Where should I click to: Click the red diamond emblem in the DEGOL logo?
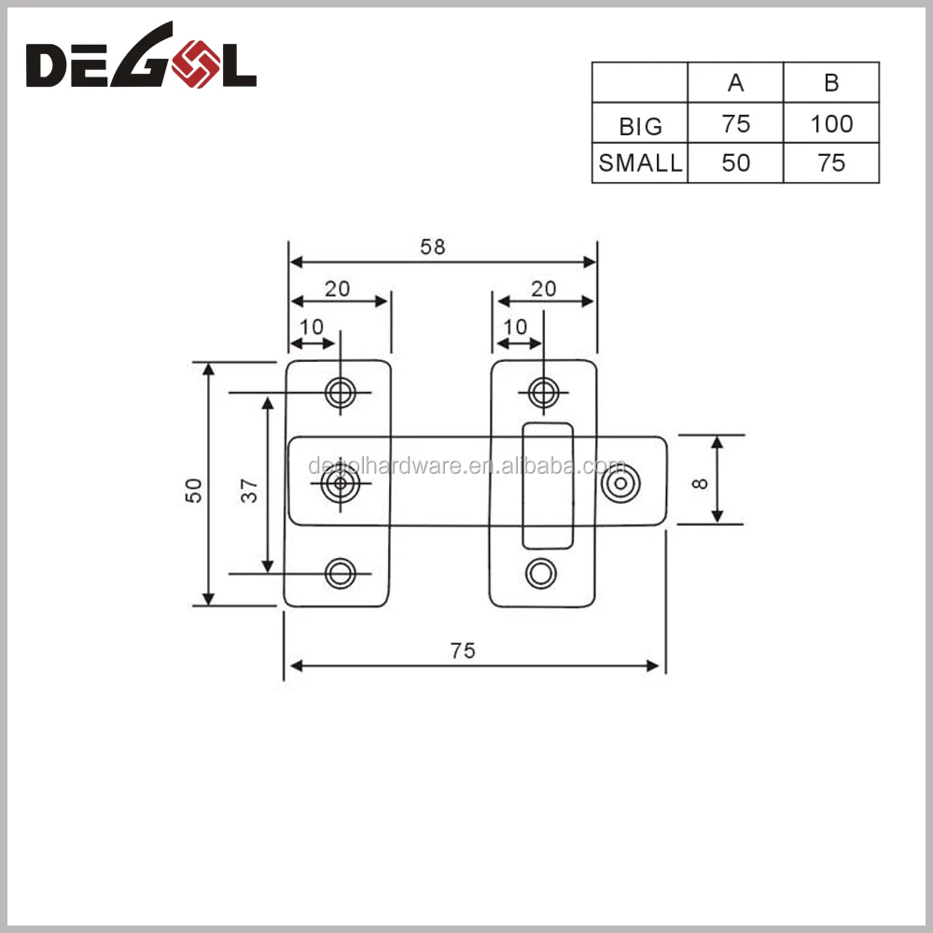tap(195, 63)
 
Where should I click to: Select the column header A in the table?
tap(735, 83)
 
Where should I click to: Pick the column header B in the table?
tap(831, 83)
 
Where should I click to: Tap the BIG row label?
tap(640, 126)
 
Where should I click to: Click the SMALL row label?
tap(640, 162)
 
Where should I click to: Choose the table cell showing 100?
tap(831, 124)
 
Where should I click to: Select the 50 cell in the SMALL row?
tap(735, 162)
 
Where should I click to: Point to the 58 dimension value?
tap(433, 246)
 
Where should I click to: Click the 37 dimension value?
tap(249, 491)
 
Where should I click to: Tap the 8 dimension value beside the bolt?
tap(700, 483)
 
